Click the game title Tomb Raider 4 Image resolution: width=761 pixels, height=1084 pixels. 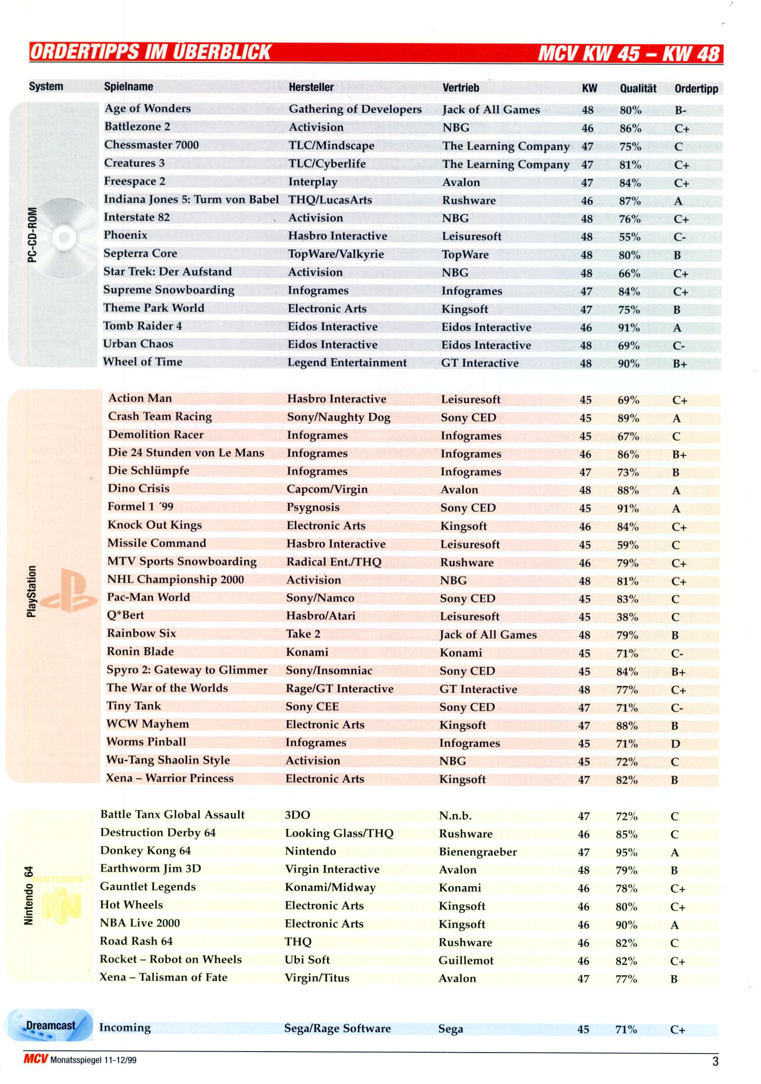pos(142,326)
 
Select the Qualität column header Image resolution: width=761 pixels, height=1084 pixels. pos(638,88)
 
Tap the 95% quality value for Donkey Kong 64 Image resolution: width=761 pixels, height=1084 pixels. pos(626,852)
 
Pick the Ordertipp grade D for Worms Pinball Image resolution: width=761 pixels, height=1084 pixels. pos(675,744)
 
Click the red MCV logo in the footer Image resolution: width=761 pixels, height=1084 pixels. pos(36,1059)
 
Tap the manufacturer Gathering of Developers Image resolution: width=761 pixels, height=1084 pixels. pos(355,109)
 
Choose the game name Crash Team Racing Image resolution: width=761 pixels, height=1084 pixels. pos(160,416)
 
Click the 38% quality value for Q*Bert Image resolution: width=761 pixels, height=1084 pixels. pos(627,617)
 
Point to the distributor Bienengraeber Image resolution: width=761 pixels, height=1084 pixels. pos(478,852)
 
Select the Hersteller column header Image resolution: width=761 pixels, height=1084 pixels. pos(311,87)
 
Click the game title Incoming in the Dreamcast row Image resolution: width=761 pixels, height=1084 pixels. pos(125,1027)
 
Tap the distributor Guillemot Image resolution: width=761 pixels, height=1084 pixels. pos(466,961)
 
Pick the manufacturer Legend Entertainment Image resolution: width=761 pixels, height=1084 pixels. pos(347,362)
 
